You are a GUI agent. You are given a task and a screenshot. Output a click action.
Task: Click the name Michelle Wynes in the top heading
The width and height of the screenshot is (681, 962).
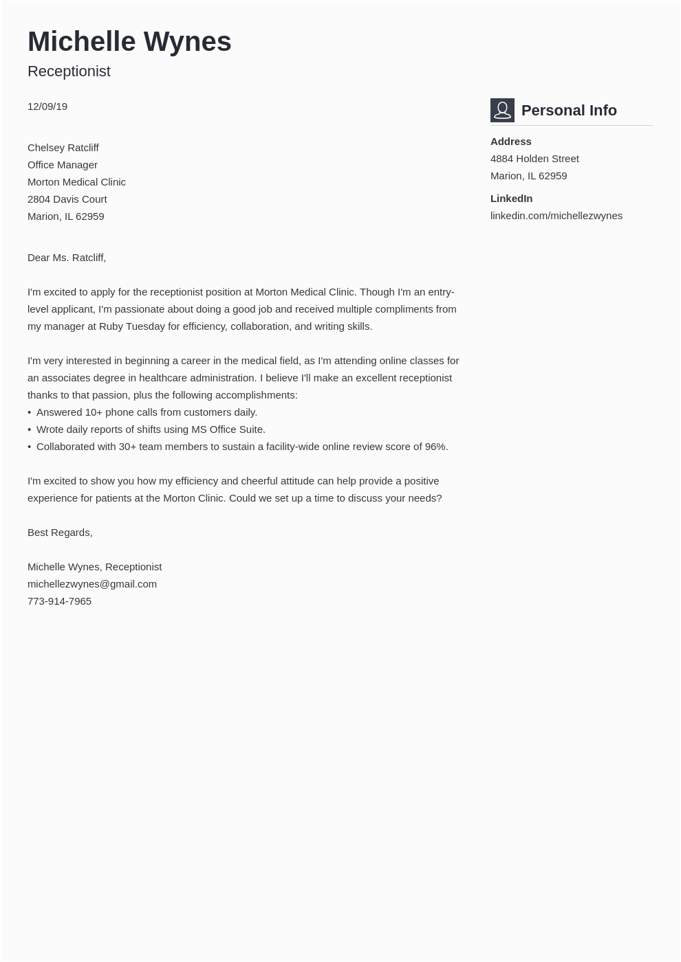[129, 41]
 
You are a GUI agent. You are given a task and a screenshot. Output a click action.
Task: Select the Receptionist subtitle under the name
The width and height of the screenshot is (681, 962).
[69, 71]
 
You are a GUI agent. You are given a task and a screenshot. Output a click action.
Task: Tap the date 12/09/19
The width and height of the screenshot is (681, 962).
[47, 107]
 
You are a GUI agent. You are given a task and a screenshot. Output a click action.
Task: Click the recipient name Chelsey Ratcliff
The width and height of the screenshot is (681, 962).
[63, 148]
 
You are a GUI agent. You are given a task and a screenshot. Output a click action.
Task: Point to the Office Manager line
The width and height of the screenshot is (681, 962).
[63, 165]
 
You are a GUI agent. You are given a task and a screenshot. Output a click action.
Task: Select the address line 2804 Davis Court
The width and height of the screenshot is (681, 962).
[67, 199]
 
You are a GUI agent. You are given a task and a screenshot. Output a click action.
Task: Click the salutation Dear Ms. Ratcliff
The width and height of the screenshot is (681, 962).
[67, 258]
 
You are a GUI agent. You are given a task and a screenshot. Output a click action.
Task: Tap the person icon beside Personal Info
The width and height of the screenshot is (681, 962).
[502, 110]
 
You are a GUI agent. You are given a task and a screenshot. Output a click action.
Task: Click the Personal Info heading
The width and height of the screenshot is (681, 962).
[569, 111]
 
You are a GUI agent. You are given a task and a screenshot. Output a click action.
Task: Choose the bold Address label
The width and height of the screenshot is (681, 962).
[510, 142]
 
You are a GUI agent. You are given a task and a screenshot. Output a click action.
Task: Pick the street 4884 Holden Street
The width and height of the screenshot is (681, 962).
[534, 159]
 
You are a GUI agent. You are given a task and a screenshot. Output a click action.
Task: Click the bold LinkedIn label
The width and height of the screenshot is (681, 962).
[511, 199]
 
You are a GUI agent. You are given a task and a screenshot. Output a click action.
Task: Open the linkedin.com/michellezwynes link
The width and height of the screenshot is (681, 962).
[556, 216]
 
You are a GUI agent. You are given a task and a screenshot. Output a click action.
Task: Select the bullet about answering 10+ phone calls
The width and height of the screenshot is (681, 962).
[147, 412]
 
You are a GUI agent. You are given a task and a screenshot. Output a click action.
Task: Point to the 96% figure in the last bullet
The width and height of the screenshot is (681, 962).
[435, 447]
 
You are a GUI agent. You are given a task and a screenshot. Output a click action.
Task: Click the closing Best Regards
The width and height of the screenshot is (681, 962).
[60, 533]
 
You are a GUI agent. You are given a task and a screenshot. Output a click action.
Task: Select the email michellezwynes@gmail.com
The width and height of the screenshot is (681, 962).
[92, 584]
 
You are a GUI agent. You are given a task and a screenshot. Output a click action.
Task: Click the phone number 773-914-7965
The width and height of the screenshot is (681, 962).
[59, 601]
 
